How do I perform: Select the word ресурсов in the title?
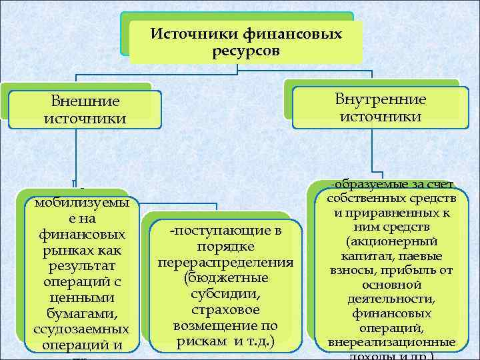(247, 51)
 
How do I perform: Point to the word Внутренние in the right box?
(381, 100)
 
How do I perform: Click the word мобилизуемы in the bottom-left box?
(82, 203)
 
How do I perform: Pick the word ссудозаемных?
(81, 331)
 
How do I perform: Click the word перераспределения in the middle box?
(226, 262)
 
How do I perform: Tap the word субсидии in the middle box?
(226, 294)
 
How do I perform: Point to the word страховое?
(226, 310)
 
